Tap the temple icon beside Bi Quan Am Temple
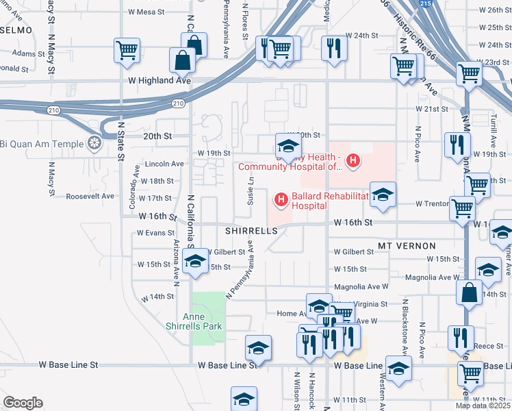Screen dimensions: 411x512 click(94, 144)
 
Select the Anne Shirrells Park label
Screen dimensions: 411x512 click(202, 321)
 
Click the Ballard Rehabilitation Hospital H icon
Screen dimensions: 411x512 click(280, 200)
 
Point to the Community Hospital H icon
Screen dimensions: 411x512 click(353, 162)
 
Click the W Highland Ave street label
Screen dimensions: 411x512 click(159, 80)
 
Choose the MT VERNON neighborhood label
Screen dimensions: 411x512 click(402, 245)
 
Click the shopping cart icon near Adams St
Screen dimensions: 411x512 click(127, 50)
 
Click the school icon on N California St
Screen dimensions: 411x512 click(195, 263)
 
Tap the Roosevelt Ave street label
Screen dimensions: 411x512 click(90, 197)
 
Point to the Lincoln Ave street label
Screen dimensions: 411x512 click(164, 164)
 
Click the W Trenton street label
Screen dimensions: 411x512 click(433, 204)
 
